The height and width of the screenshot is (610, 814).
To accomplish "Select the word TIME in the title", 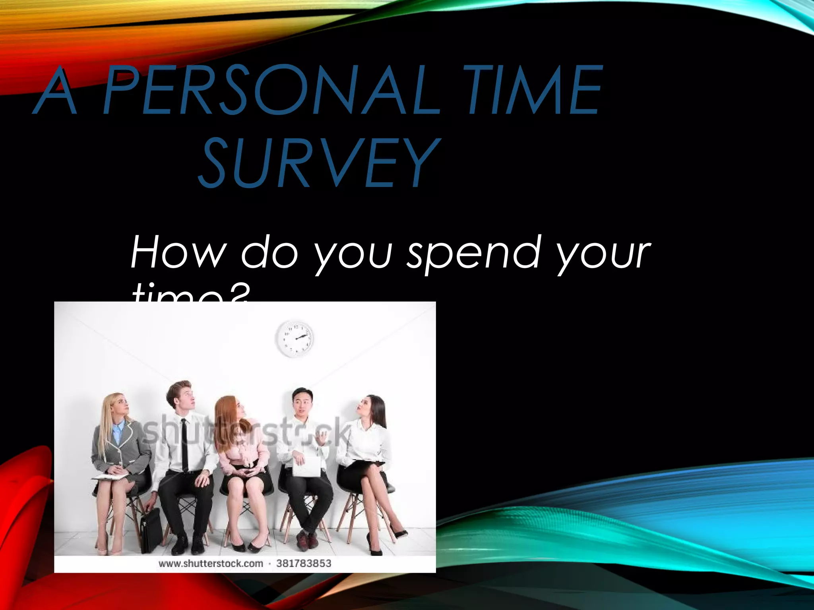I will pos(533,91).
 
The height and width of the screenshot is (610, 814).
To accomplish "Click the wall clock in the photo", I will pos(295,339).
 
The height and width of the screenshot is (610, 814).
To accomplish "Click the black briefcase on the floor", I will pos(151,530).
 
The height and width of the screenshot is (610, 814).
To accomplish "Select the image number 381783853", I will pos(304,563).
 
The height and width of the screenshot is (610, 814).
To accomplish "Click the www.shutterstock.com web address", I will pos(211,564).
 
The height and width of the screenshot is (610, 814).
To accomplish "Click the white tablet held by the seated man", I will pos(306,466).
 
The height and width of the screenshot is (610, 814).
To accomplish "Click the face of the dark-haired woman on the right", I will pos(366,407).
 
